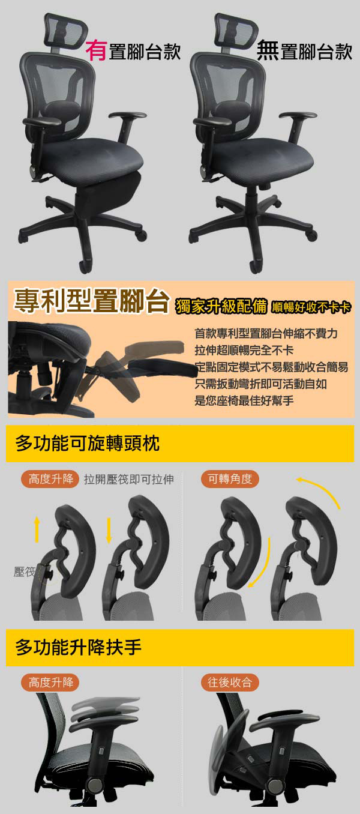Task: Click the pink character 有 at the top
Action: click(97, 50)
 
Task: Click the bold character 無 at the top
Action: click(268, 50)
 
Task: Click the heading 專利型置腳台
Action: click(92, 301)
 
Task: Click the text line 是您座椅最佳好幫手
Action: click(244, 400)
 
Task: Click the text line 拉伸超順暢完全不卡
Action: click(244, 350)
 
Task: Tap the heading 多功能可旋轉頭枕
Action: click(87, 444)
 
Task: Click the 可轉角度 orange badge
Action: click(230, 479)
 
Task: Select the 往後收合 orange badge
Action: click(230, 683)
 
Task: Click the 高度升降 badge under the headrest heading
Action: click(51, 479)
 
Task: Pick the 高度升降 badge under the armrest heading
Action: click(51, 683)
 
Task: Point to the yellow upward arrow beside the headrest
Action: click(37, 530)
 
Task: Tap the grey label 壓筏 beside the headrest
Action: click(25, 572)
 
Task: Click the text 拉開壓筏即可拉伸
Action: click(129, 479)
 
